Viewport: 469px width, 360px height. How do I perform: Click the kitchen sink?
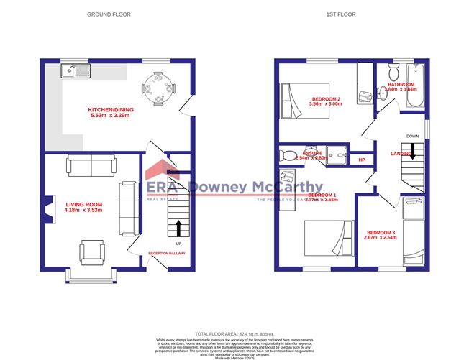coord(74,70)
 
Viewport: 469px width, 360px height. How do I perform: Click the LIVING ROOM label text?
coord(80,205)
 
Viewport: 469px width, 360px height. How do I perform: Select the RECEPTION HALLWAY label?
coord(167,254)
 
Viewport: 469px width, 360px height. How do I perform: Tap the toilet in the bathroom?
coord(392,73)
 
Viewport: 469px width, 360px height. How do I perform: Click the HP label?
coord(362,160)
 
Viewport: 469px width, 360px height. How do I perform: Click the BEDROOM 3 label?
coord(381,232)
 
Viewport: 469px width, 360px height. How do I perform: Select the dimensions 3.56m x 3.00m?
coord(325,104)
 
